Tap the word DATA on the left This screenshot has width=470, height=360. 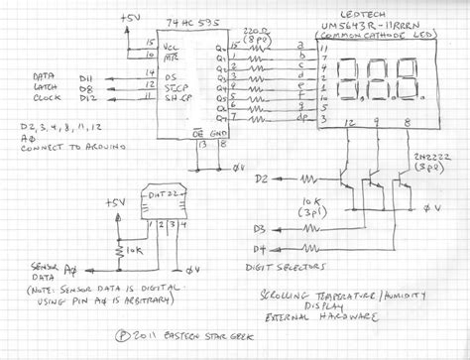tap(43, 75)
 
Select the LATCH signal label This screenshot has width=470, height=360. tap(45, 88)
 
